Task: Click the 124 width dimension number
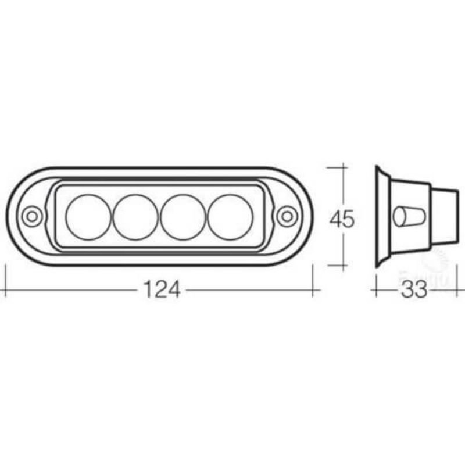(159, 289)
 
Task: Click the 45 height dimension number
(342, 220)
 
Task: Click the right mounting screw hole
(285, 216)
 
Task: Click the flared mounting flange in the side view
(381, 217)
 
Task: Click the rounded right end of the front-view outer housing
(305, 216)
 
